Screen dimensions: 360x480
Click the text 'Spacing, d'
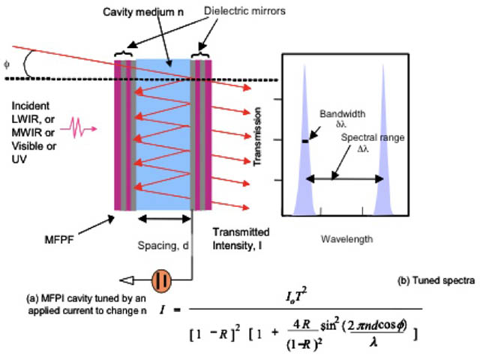coord(163,245)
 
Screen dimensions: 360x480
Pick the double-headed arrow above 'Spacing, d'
coord(164,219)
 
